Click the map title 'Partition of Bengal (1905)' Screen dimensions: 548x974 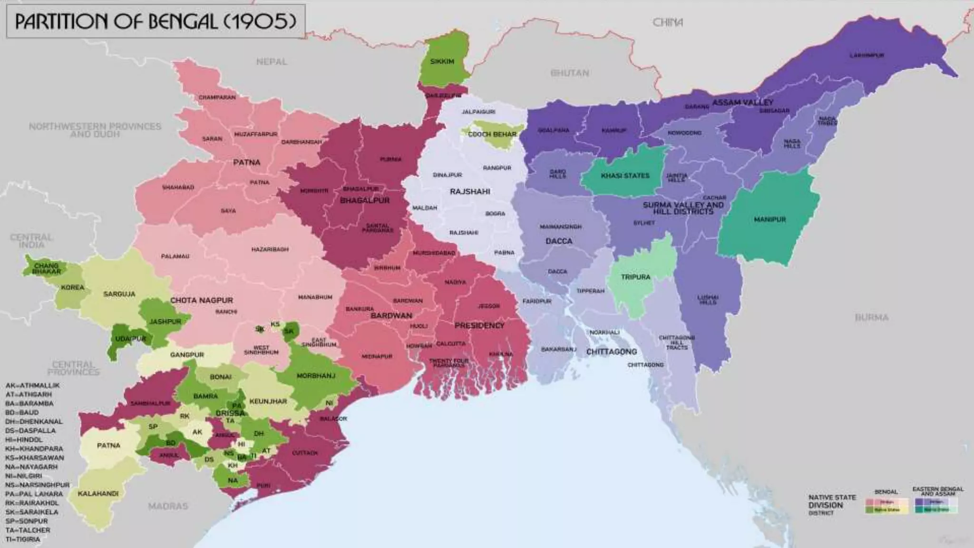(156, 21)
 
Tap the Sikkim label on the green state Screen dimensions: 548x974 (442, 62)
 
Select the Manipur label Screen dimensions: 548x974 (769, 220)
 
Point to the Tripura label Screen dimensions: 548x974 (635, 277)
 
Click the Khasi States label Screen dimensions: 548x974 (625, 176)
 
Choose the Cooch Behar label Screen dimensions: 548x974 (492, 135)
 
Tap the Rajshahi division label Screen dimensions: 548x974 (470, 192)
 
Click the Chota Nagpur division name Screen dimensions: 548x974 (202, 301)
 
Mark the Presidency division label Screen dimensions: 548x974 (479, 325)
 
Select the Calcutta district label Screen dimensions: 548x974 (451, 343)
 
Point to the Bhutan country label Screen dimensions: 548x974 (570, 73)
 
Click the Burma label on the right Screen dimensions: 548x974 (871, 317)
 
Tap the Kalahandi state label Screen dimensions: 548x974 (98, 494)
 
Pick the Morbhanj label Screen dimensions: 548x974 (316, 376)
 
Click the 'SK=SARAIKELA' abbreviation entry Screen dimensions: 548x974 (32, 512)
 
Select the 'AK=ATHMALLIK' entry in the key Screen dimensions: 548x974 (32, 385)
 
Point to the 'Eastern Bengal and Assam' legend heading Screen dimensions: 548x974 (937, 491)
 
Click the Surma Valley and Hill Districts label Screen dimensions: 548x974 (683, 208)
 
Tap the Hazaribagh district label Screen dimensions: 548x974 (270, 249)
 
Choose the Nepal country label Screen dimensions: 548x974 (272, 62)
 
